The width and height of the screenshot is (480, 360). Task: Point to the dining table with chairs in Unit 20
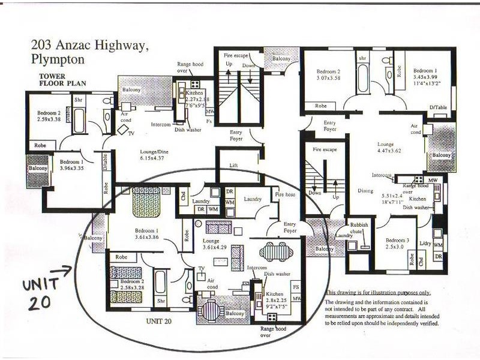(276, 251)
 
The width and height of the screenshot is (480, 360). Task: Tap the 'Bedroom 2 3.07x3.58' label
(328, 74)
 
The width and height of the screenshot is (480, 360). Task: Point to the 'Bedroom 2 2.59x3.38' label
(50, 116)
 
